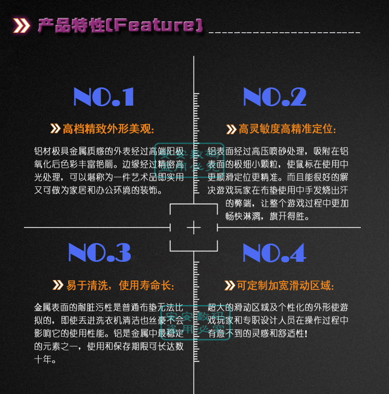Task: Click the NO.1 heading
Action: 104,97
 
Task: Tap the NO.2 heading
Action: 274,97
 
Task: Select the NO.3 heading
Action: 99,252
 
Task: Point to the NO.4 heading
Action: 273,252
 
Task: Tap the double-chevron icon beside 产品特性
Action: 21,25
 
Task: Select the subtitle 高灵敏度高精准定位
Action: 287,129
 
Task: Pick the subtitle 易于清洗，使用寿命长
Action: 120,285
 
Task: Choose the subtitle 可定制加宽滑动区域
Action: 285,285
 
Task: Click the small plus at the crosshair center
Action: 194,227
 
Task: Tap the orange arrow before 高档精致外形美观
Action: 55,129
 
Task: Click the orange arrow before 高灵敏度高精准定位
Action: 231,129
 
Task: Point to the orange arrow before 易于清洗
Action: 58,285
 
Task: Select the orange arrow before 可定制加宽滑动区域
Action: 229,285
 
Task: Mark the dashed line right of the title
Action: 284,32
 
